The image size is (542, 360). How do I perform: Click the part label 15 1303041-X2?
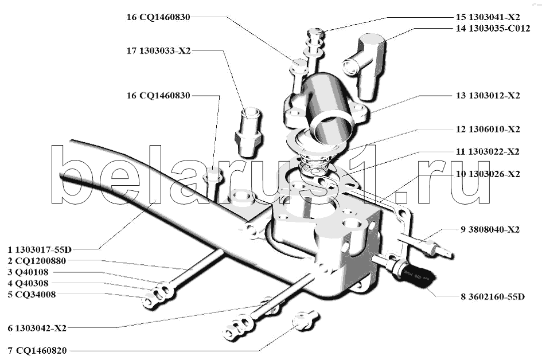point(488,17)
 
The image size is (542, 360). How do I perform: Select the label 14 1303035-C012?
point(493,28)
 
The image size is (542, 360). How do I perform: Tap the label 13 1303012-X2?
point(488,95)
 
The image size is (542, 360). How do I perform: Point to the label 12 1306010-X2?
point(488,129)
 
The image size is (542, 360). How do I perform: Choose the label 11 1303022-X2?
point(488,152)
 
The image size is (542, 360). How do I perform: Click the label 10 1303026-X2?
point(488,174)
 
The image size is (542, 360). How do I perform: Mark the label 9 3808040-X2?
point(490,230)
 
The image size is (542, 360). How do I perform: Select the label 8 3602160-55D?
point(493,297)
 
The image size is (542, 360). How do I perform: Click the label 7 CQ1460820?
point(37,351)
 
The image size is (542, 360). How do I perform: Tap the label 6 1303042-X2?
point(37,328)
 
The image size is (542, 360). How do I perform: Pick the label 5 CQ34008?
point(32,295)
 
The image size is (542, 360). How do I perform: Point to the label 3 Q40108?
point(28,272)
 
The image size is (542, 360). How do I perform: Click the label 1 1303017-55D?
point(40,249)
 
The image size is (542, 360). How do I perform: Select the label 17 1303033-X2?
point(159,51)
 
